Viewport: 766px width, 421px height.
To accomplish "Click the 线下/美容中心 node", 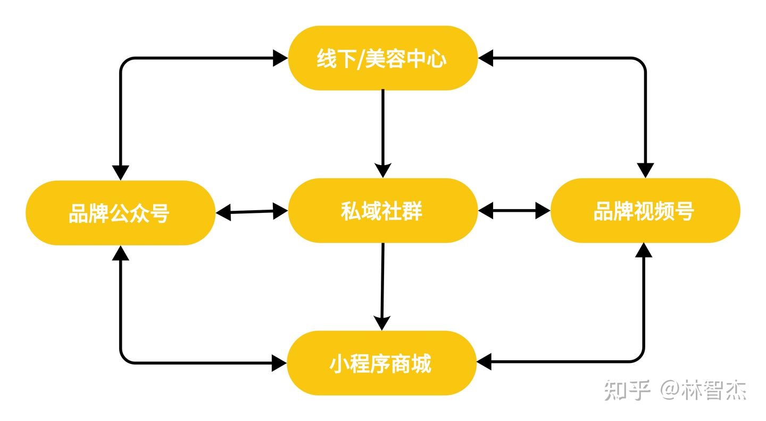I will pos(382,58).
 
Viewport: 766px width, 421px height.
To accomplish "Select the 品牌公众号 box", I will pos(120,213).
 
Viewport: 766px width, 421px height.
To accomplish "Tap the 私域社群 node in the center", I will pos(382,211).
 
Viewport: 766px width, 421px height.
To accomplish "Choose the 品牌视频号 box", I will pos(645,211).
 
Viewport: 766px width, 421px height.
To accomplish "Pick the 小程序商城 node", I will pos(381,364).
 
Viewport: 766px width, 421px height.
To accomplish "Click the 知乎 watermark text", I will pos(628,391).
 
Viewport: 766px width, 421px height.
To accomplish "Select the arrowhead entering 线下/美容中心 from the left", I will pos(280,58).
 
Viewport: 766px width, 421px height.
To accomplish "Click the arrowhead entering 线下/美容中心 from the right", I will pos(485,58).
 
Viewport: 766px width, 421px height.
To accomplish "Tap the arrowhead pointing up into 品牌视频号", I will pos(645,250).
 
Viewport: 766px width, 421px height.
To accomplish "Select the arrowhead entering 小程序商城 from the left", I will pos(279,364).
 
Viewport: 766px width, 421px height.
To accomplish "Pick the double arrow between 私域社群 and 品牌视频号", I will pos(514,211).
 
